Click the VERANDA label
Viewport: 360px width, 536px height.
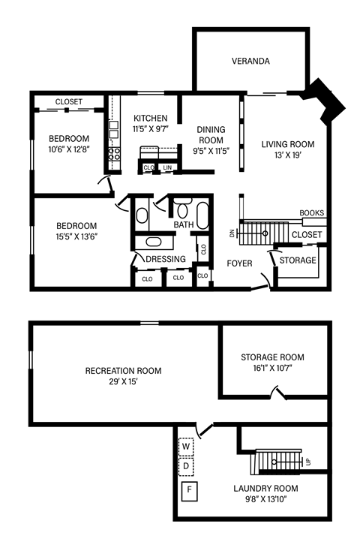(250, 62)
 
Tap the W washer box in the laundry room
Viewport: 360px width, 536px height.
(187, 447)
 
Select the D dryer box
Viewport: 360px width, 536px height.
(187, 466)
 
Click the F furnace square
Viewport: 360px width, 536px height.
(190, 492)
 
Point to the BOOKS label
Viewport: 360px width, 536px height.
(311, 213)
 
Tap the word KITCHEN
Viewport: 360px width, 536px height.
(150, 118)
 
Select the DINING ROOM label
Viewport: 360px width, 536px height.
(211, 135)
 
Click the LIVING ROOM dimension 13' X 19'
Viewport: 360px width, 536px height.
(288, 156)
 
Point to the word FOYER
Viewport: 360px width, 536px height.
(239, 263)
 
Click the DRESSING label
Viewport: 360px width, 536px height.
(166, 260)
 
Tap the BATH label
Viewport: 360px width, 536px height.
(184, 225)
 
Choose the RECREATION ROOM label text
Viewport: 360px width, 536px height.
(123, 371)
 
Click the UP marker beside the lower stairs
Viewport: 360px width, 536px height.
(307, 461)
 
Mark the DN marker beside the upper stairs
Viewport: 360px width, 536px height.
(232, 233)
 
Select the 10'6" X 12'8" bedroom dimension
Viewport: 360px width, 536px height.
(69, 150)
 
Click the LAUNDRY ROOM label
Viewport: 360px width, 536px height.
(265, 489)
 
